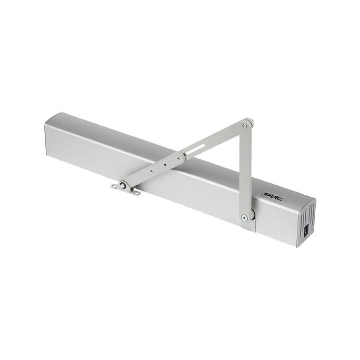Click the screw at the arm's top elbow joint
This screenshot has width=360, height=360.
tap(245, 125)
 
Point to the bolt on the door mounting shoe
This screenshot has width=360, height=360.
tap(123, 185)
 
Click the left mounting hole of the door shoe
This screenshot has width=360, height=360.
tap(113, 186)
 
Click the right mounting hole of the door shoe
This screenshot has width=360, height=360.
tap(137, 193)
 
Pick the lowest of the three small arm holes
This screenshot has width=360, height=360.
tap(151, 171)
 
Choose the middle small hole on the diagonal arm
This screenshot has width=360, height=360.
tap(165, 164)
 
